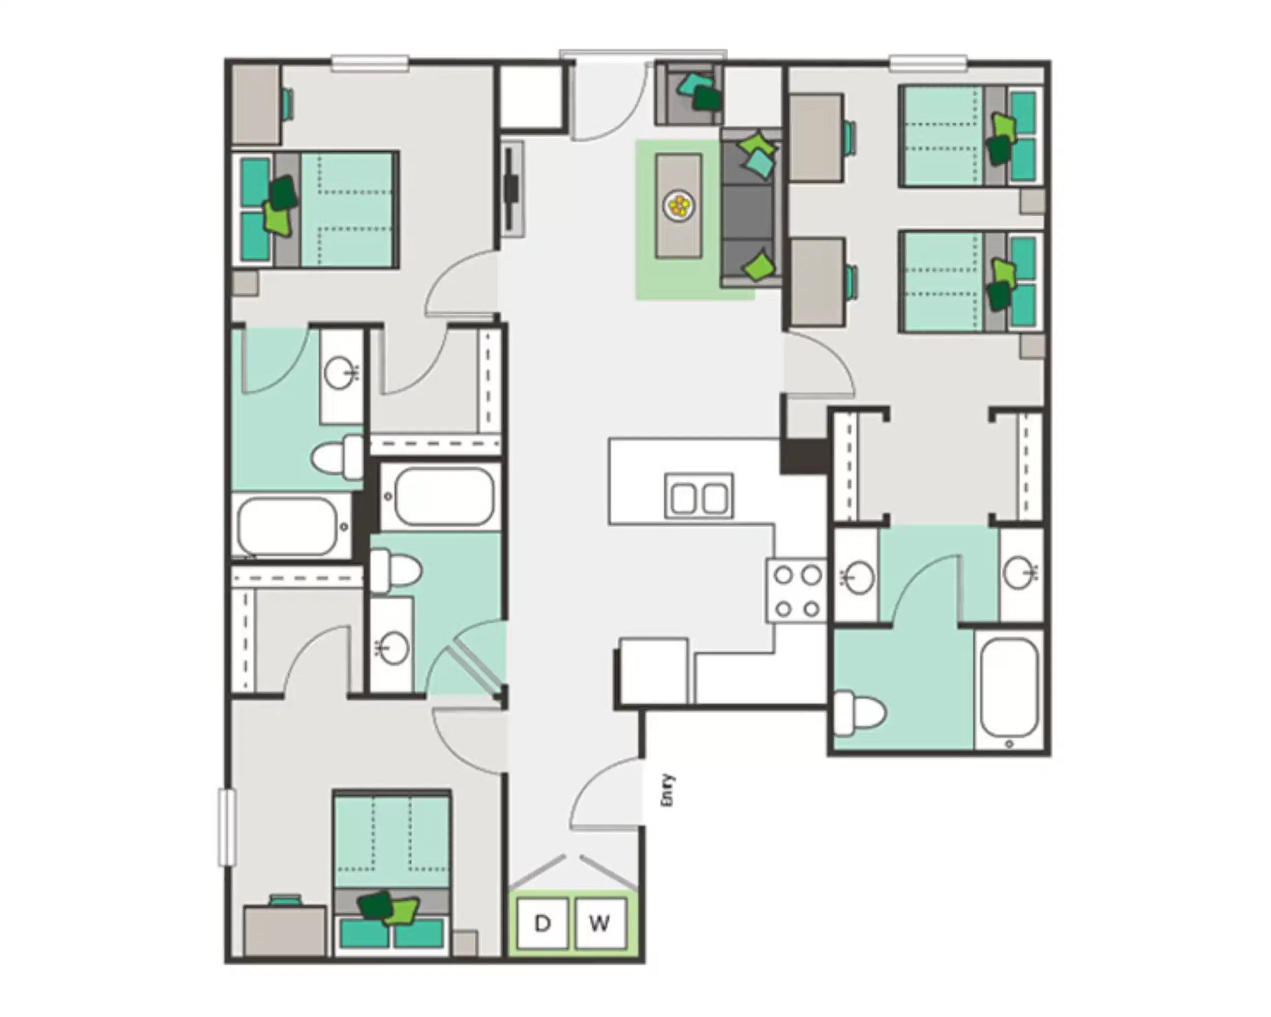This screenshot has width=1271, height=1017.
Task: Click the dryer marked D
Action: pyautogui.click(x=542, y=923)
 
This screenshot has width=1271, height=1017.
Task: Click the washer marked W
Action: pyautogui.click(x=599, y=923)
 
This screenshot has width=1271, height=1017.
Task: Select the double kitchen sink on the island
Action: pyautogui.click(x=699, y=496)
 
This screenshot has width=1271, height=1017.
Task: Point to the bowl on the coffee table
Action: pyautogui.click(x=679, y=206)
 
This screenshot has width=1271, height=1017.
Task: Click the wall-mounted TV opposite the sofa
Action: pyautogui.click(x=511, y=189)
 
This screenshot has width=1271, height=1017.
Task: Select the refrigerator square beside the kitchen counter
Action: pyautogui.click(x=653, y=671)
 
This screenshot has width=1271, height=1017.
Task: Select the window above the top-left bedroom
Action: pyautogui.click(x=370, y=63)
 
